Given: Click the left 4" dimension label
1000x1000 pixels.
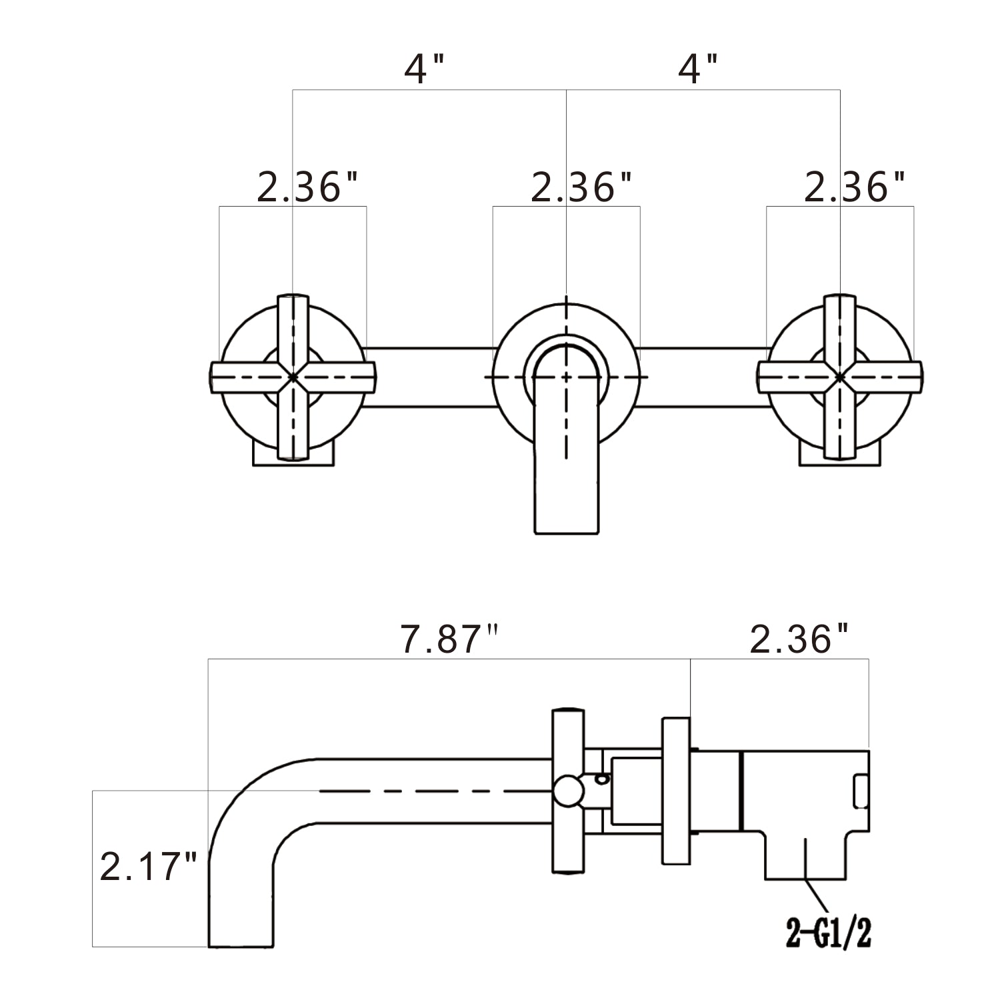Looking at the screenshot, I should click(x=424, y=69).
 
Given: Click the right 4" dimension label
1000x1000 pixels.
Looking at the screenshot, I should click(x=697, y=69).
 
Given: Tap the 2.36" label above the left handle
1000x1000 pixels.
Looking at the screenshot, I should click(x=308, y=188).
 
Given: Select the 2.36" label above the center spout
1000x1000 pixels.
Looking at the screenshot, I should click(x=581, y=188).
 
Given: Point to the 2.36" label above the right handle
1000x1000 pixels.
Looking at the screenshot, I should click(x=855, y=188).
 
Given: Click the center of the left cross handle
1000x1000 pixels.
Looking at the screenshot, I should click(x=293, y=377).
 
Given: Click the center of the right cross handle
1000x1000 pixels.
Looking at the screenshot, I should click(x=840, y=377).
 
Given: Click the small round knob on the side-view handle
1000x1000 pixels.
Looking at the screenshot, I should click(x=568, y=791).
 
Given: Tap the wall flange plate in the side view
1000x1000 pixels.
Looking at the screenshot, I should click(x=675, y=791).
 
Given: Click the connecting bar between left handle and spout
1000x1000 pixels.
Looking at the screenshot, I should click(x=430, y=377).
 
